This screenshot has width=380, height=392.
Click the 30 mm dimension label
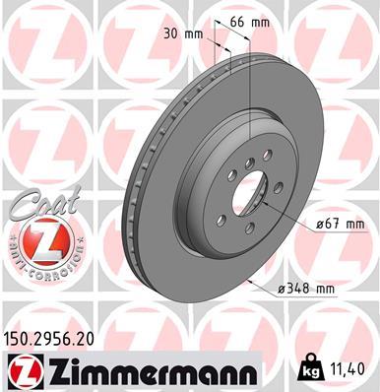(x=185, y=34)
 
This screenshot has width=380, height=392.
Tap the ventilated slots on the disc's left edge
(x=131, y=197)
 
